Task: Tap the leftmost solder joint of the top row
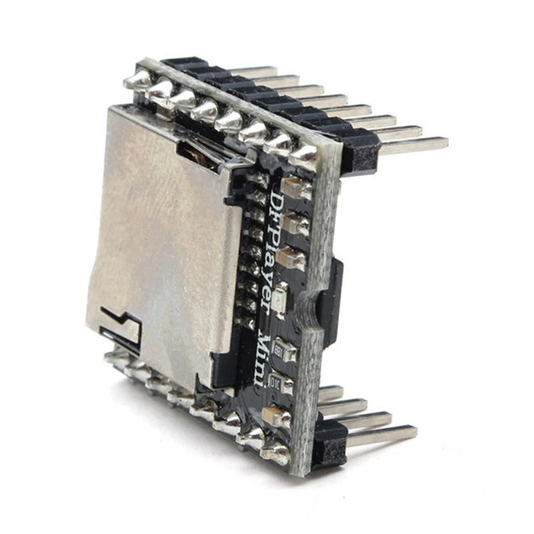pyautogui.click(x=138, y=79)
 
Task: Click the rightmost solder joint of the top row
pyautogui.click(x=304, y=155)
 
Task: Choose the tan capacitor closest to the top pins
pyautogui.click(x=297, y=188)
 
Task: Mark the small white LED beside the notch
pyautogui.click(x=280, y=297)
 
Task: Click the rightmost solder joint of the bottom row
pyautogui.click(x=277, y=454)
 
